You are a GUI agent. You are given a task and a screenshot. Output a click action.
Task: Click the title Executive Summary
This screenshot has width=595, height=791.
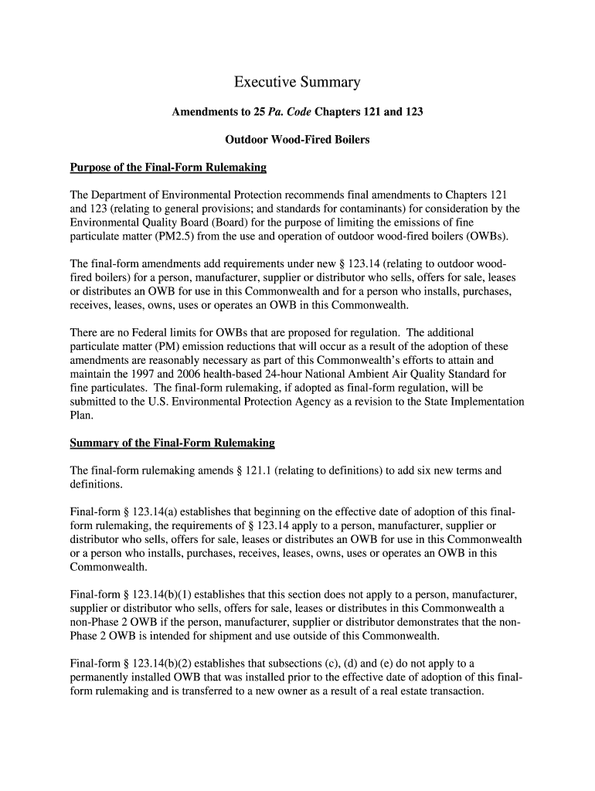(x=297, y=82)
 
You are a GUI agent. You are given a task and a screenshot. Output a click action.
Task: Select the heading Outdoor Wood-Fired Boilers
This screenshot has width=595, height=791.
(x=297, y=140)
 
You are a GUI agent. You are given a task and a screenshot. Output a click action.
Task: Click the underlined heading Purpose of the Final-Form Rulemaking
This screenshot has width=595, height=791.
(x=168, y=168)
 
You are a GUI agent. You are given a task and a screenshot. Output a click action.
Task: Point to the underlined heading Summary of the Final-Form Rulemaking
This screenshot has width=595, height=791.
(x=172, y=443)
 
